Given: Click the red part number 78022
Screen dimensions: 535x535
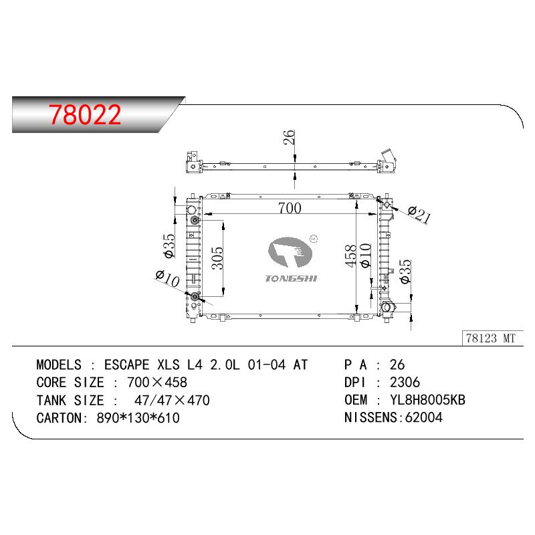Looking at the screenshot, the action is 85,114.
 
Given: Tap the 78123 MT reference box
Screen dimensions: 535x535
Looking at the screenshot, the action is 492,338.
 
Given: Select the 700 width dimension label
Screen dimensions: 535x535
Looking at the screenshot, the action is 290,208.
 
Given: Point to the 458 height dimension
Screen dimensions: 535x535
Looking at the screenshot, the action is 350,255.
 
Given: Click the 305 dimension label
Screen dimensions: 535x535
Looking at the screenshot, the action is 217,258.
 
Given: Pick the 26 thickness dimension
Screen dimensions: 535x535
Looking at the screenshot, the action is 289,137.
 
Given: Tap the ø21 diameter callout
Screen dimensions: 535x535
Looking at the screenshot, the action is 419,214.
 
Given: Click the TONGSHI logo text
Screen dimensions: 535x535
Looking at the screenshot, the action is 291,278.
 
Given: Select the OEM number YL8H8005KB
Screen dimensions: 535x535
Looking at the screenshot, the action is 427,400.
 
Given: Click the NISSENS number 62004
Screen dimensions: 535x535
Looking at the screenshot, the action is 423,417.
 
